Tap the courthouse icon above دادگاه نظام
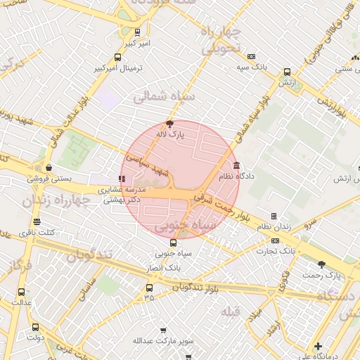coord(236,166)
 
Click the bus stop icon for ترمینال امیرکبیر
coord(117,58)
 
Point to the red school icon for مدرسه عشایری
coord(122,179)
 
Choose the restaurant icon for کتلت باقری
coord(36,222)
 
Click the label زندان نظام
coord(274,226)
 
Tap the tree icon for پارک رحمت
coord(322,264)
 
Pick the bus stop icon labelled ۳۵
coord(148,288)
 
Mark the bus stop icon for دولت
coord(35,327)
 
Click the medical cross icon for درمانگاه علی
coord(319,346)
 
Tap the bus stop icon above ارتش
coord(286,72)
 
